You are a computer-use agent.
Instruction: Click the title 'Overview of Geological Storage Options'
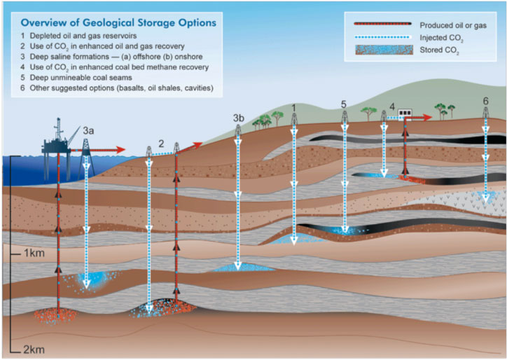118,22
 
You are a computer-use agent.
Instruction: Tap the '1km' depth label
34,253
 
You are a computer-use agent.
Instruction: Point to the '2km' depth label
34,349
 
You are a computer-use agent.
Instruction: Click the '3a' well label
88,131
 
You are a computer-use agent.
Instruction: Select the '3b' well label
239,118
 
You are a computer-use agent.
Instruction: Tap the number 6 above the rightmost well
486,102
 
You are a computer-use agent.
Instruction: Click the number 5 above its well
344,104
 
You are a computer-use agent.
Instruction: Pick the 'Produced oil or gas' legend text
453,25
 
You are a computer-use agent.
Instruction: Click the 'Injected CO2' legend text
442,38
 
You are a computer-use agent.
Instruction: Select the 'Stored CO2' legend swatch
384,50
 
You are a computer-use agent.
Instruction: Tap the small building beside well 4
405,113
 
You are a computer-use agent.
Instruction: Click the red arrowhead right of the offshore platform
120,150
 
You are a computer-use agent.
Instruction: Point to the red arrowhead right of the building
427,117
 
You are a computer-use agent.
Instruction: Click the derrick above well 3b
238,130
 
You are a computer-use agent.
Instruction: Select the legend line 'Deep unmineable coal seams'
81,78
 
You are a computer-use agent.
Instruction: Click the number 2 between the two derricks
161,144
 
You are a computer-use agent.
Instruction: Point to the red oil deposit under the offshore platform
55,315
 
